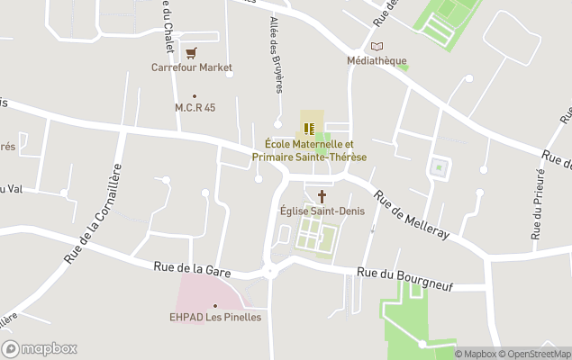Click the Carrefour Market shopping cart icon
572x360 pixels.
click(191, 52)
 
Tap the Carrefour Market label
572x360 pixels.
click(191, 67)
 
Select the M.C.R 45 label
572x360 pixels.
click(195, 108)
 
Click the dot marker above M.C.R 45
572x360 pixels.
click(194, 95)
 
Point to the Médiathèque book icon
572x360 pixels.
click(377, 46)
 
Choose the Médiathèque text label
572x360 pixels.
click(377, 61)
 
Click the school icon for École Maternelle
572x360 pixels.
click(309, 129)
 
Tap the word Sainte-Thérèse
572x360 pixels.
click(335, 157)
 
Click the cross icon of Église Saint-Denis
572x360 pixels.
click(321, 195)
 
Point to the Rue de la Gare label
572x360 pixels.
click(192, 266)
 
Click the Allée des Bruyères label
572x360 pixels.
click(276, 55)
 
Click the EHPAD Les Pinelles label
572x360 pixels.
click(215, 317)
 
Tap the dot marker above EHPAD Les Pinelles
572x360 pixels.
click(214, 305)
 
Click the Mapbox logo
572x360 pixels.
click(40, 348)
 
